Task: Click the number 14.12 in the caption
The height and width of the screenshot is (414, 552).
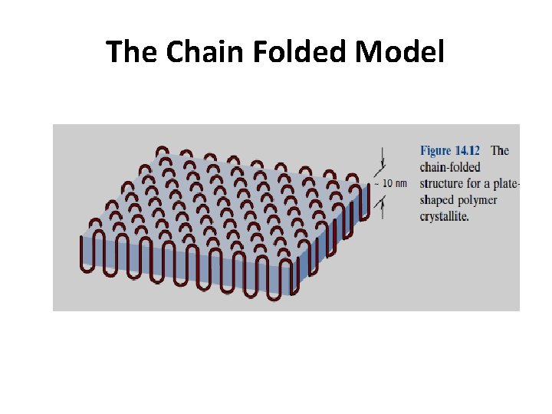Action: pos(466,151)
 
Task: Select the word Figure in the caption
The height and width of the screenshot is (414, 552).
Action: pos(435,151)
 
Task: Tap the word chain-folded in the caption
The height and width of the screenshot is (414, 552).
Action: pos(451,167)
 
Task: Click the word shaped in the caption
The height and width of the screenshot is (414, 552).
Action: pos(439,200)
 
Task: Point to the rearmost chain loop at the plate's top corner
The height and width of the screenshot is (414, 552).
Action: pos(163,151)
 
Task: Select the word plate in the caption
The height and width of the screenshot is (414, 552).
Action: pos(507,184)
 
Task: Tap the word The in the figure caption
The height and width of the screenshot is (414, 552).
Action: pos(500,151)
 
